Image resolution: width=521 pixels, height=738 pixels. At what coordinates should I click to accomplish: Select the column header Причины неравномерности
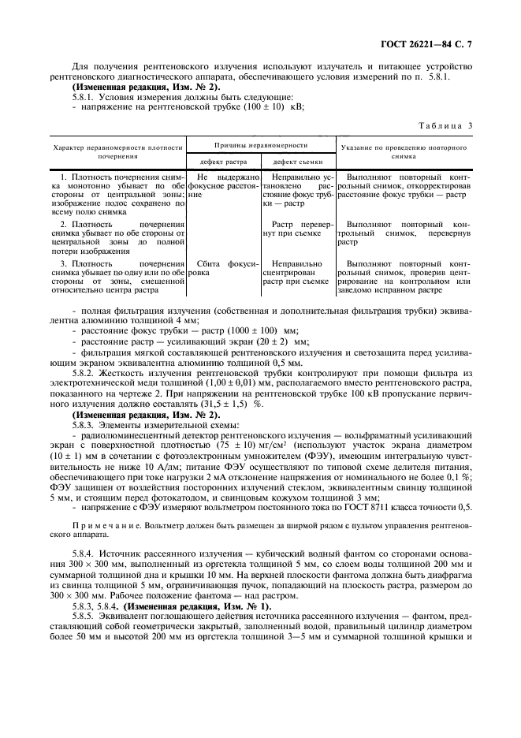coord(262,145)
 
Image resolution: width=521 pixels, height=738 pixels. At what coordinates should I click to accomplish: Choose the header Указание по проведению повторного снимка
coord(404,151)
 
